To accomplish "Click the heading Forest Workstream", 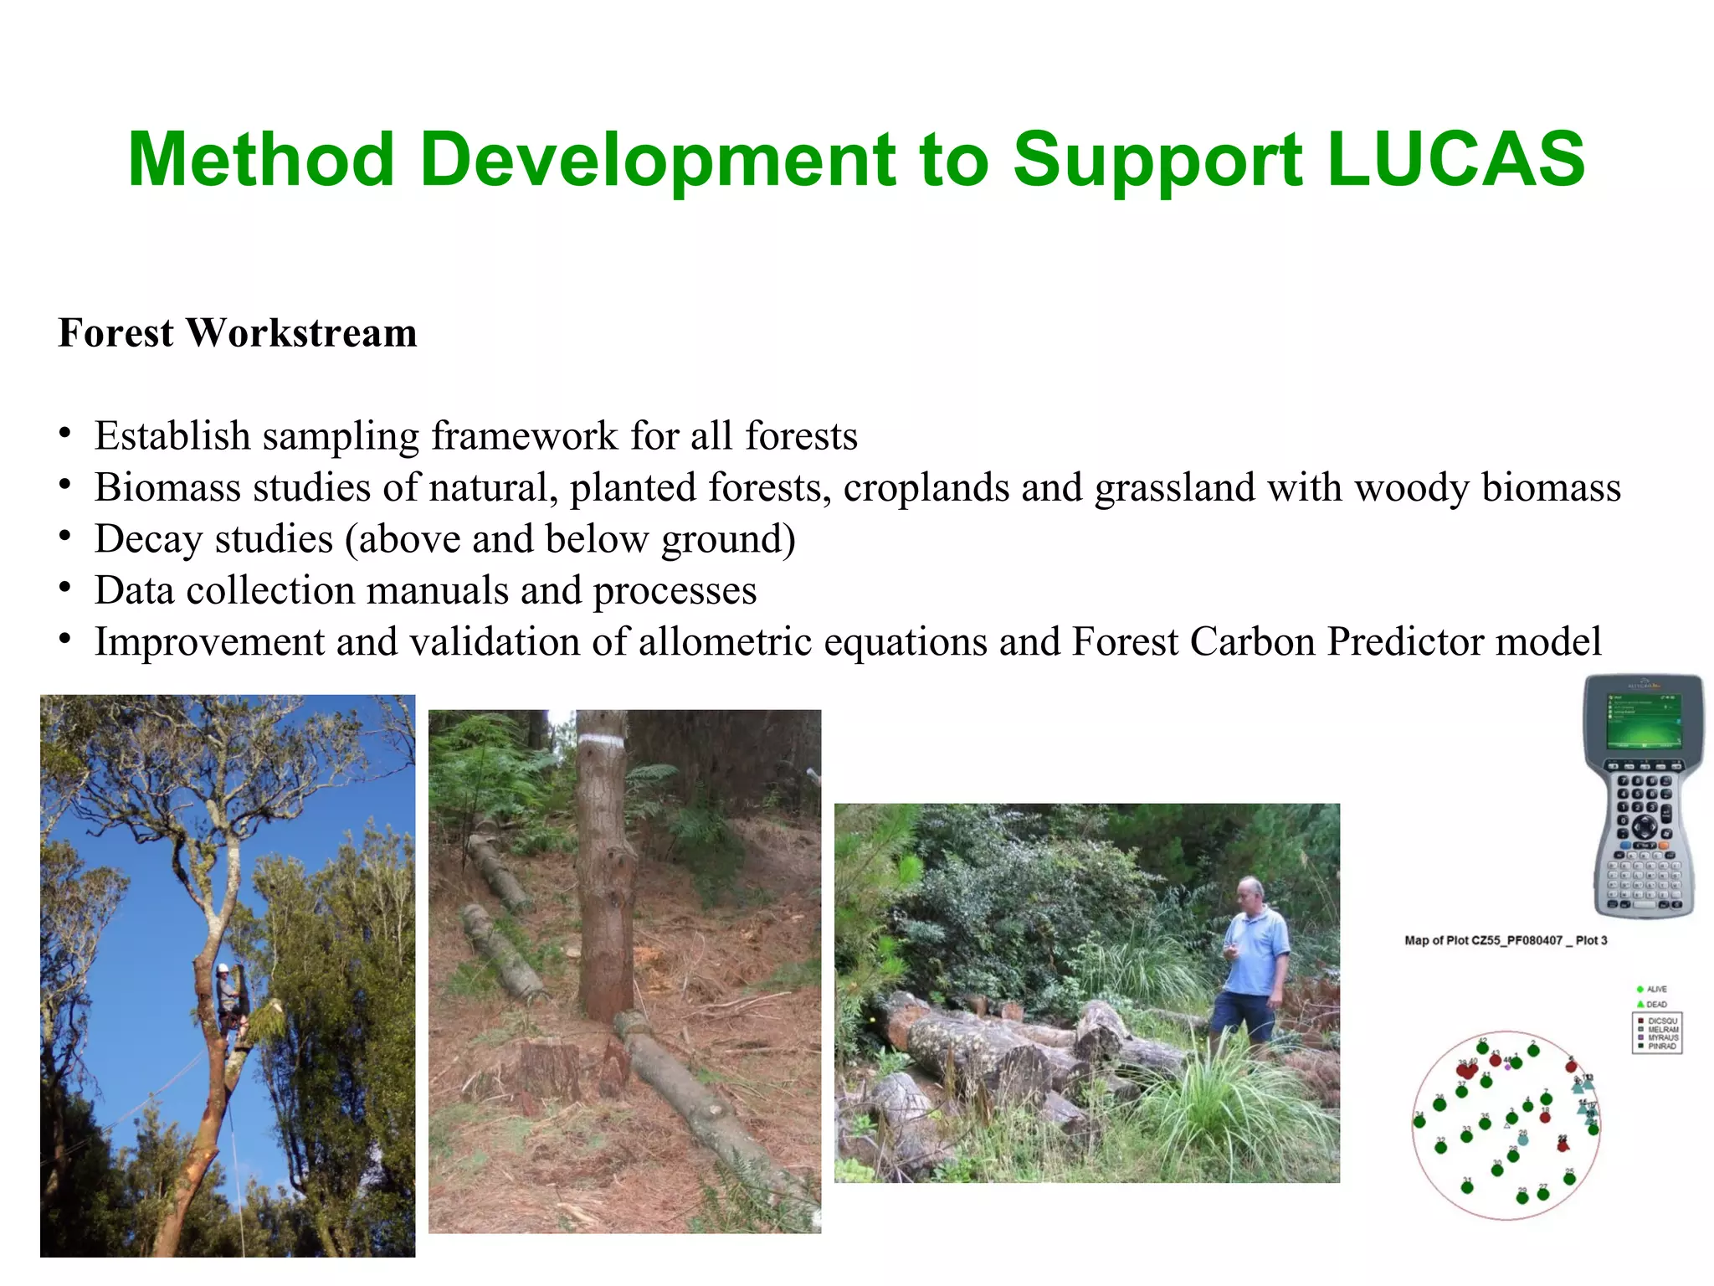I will click(238, 333).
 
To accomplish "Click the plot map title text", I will click(1506, 940).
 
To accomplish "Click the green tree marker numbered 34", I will click(1419, 1122).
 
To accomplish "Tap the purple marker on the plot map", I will click(1507, 1067).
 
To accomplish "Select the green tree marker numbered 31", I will click(1467, 1187).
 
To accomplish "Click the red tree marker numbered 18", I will click(1545, 1118).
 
